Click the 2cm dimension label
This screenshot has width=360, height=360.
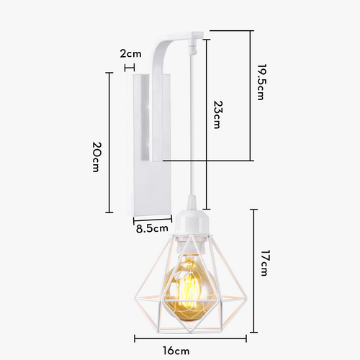click(130, 53)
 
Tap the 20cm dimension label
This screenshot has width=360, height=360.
click(96, 157)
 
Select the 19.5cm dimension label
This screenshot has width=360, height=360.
click(261, 82)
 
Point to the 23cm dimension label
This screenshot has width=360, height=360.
click(218, 114)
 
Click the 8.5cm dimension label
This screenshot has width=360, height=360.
click(152, 228)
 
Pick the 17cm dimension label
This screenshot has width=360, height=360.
click(264, 263)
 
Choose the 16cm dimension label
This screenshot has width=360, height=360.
click(176, 351)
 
